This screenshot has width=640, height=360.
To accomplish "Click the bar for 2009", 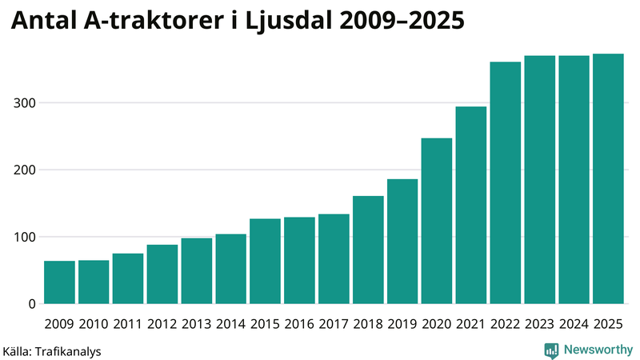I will point(59,282).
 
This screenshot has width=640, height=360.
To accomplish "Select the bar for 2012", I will point(162,274).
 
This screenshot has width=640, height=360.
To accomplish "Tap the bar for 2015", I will point(265,262).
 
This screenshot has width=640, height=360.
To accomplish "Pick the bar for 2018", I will point(368,250).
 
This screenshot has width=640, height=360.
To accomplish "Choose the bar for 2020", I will point(437,221).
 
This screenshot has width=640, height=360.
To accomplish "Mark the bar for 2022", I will point(505,183).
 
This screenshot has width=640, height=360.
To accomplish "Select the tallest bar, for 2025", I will point(608,179).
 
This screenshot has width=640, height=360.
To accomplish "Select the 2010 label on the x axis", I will point(94,324).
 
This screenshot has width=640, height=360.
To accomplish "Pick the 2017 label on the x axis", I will point(334,324).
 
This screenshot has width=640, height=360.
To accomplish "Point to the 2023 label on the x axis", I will point(539,324).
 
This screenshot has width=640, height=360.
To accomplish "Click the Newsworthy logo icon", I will point(551,350).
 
